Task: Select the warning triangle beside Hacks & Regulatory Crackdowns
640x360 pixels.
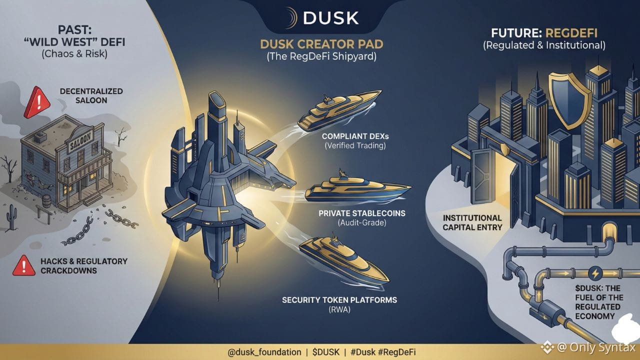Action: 23,265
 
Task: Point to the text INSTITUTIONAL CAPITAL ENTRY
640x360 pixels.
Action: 472,222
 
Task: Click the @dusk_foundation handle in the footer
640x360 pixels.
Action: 264,352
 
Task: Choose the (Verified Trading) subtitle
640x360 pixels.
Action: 355,146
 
